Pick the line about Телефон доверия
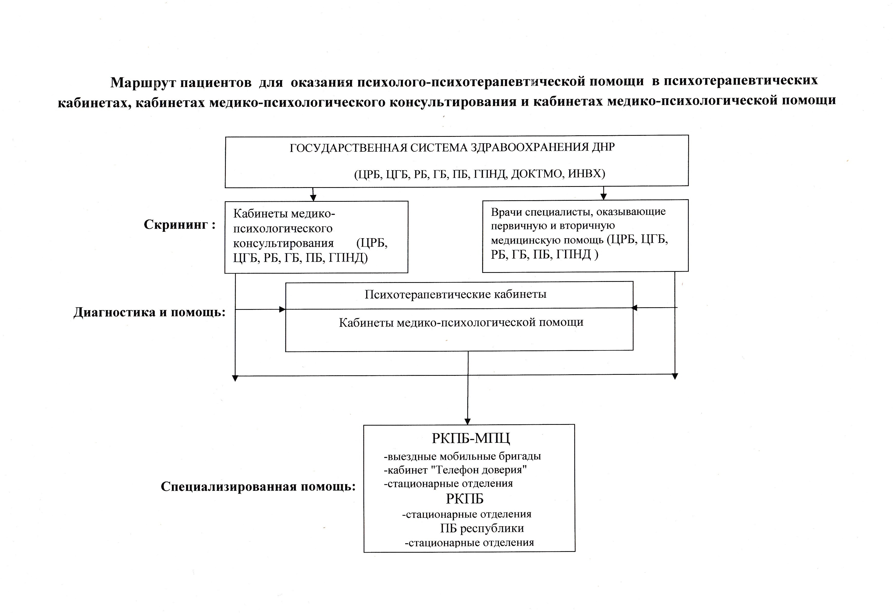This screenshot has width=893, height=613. coord(455,470)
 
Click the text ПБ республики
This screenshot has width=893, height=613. coord(482,528)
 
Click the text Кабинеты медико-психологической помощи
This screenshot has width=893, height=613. coord(461,322)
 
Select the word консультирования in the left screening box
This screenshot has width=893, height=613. coord(284,243)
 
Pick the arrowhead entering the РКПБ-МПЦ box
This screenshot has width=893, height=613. coord(468,421)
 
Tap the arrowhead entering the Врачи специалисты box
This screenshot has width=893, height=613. coord(603,197)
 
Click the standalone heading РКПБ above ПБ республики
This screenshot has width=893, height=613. coord(464,499)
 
